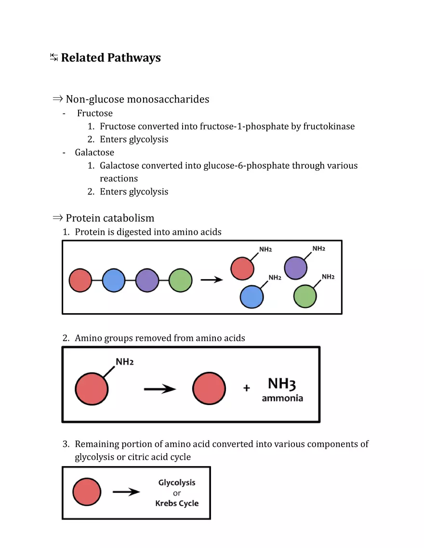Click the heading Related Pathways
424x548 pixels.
point(110,58)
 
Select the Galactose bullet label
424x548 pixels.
point(94,153)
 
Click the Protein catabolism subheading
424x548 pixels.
point(110,218)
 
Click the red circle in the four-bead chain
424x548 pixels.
point(80,280)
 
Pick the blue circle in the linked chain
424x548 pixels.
point(113,280)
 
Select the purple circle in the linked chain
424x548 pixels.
point(147,280)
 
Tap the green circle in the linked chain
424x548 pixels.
point(181,280)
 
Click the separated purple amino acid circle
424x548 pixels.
point(295,268)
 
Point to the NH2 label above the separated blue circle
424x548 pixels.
point(275,278)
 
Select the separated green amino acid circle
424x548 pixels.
point(305,296)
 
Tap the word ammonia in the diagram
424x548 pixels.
point(282,398)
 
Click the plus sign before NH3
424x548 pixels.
point(247,388)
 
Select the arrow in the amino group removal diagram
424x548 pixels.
point(160,389)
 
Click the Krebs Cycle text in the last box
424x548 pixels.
point(177,503)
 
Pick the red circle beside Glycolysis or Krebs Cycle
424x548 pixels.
point(87,492)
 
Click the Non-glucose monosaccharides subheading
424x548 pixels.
point(137,100)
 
